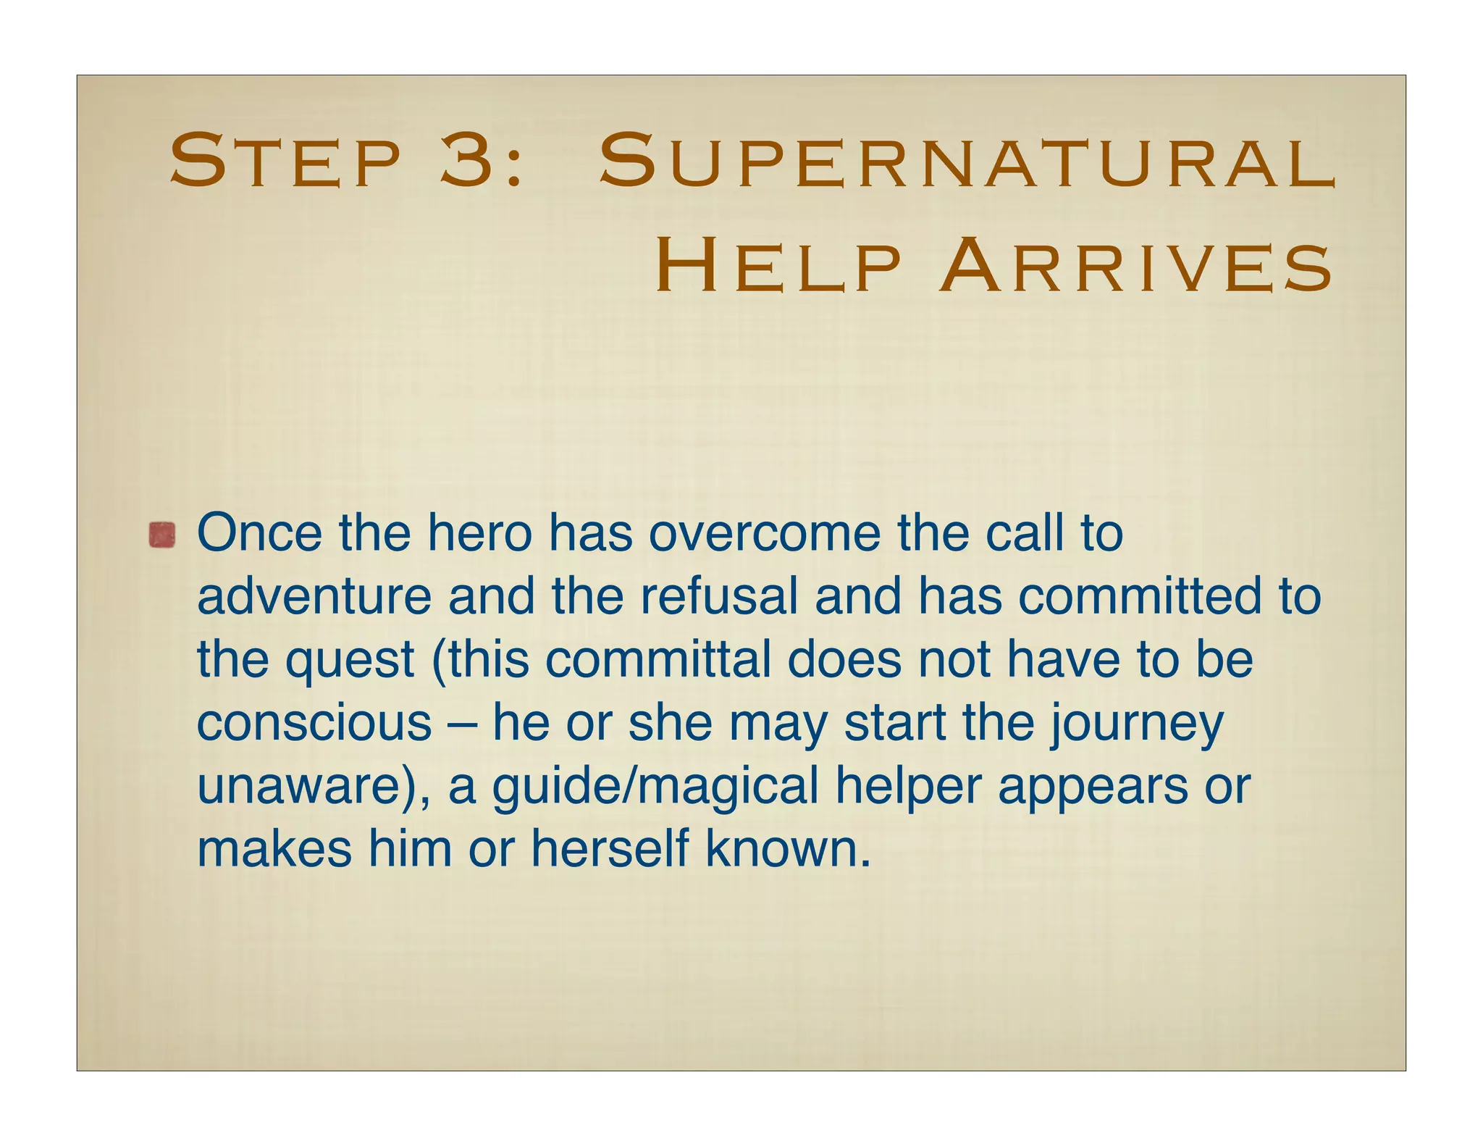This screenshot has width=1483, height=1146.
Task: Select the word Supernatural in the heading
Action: [x=967, y=161]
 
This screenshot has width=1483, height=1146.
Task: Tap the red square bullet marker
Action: [x=162, y=535]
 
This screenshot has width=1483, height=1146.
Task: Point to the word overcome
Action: [x=763, y=533]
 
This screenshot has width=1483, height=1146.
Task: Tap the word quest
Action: [x=350, y=661]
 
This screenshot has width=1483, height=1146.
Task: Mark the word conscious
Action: [x=314, y=723]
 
